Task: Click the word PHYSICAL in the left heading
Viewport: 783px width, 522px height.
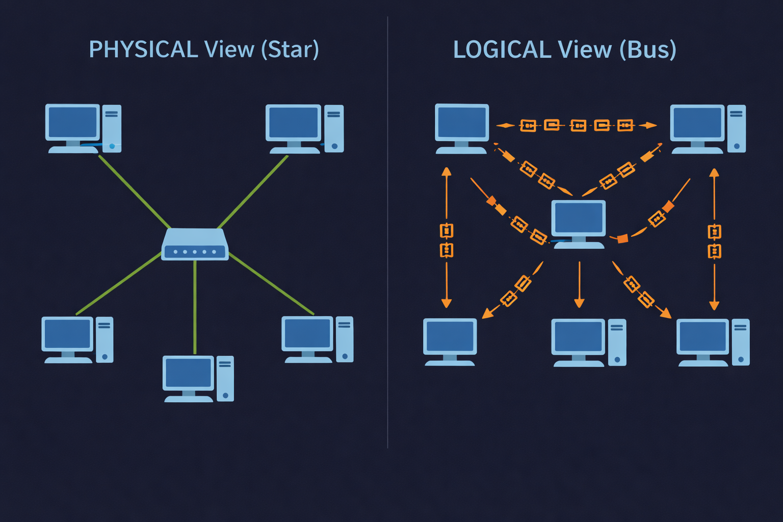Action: (143, 49)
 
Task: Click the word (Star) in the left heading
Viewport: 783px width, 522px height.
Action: (290, 49)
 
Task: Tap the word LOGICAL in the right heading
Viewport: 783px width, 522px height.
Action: (502, 49)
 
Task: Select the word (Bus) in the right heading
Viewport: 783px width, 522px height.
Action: (648, 49)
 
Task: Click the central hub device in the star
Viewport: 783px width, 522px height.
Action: (195, 244)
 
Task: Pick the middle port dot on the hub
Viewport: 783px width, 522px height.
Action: (195, 252)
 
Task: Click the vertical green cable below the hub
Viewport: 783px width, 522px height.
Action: (195, 306)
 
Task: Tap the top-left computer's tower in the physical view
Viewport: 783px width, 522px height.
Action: (112, 127)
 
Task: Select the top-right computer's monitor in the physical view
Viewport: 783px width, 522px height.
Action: (293, 123)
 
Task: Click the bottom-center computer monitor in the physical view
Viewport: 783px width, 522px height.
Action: (189, 373)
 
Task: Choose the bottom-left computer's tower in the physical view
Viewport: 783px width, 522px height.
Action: (105, 339)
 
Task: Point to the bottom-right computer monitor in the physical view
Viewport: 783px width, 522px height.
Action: (307, 334)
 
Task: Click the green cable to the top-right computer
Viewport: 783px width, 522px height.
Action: (252, 192)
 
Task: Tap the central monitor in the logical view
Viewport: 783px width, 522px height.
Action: (579, 218)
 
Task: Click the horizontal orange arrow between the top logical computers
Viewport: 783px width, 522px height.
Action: (576, 125)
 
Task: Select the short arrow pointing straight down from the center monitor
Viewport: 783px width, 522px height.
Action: (579, 285)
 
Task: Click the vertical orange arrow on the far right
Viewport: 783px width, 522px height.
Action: (714, 240)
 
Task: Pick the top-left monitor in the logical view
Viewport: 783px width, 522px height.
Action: (462, 122)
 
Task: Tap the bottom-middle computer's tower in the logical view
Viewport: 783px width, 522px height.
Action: (617, 342)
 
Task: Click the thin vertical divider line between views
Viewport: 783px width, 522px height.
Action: (387, 229)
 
